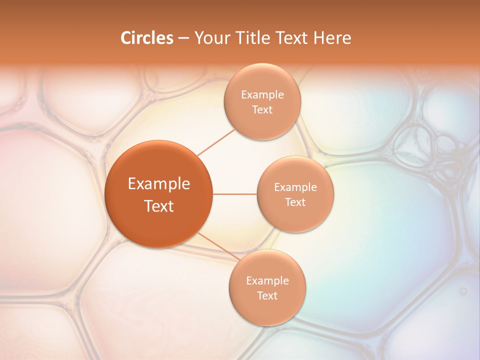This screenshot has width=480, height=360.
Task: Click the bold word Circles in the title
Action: pyautogui.click(x=146, y=38)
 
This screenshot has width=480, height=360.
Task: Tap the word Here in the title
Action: pyautogui.click(x=333, y=38)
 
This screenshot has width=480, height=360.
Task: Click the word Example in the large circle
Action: pyautogui.click(x=159, y=184)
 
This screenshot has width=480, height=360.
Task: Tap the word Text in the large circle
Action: pyautogui.click(x=159, y=206)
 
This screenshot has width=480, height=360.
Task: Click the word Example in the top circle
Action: pyautogui.click(x=262, y=95)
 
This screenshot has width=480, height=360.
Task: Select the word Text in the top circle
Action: pyautogui.click(x=262, y=110)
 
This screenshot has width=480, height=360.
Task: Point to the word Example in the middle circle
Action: pyautogui.click(x=295, y=187)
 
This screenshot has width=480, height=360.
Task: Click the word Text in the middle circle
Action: pyautogui.click(x=295, y=202)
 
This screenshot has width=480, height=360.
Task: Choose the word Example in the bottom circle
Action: pyautogui.click(x=267, y=281)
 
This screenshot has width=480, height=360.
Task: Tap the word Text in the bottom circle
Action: pyautogui.click(x=267, y=296)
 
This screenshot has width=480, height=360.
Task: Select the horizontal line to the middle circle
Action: pyautogui.click(x=235, y=194)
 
